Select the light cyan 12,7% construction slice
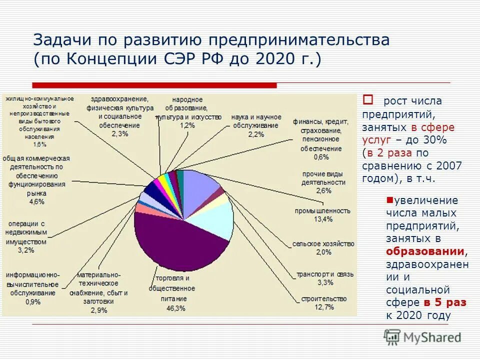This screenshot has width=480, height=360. [x=212, y=220]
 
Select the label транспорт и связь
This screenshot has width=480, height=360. [x=324, y=274]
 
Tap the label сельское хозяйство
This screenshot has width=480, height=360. [x=323, y=243]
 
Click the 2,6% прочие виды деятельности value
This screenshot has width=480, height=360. [x=323, y=190]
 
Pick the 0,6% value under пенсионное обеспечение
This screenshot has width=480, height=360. [x=322, y=157]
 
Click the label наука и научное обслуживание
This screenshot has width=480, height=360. [x=256, y=120]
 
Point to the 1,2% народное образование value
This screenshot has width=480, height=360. [x=187, y=125]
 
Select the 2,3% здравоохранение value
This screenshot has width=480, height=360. [x=119, y=133]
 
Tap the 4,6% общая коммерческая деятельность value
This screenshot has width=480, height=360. [x=37, y=201]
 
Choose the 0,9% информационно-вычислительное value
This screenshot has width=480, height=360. [x=33, y=301]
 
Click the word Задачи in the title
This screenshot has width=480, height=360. [x=62, y=39]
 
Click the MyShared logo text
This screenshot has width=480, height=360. [x=430, y=337]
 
